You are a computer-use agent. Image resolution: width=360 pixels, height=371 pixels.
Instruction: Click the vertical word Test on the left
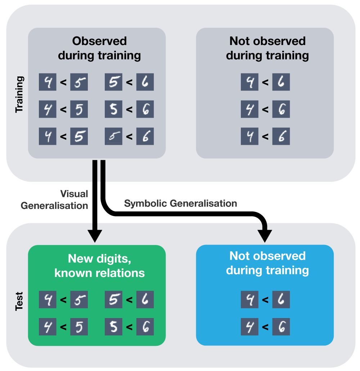(19, 301)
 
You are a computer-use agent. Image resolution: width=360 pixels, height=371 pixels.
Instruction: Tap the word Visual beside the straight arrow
(74, 194)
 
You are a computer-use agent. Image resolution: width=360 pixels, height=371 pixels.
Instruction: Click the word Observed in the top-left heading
(99, 41)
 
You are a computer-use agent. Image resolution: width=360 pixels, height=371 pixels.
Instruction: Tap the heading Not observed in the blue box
(267, 256)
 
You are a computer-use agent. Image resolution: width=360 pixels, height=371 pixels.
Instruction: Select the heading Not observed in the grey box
(267, 41)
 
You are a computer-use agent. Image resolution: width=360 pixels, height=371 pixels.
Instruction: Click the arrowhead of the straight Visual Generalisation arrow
(95, 236)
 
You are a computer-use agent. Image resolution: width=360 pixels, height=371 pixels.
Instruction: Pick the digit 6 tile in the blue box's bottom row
(281, 327)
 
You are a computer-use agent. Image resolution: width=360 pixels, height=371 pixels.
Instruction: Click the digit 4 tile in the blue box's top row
(250, 299)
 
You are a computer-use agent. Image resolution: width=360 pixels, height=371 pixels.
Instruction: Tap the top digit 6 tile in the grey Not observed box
(281, 82)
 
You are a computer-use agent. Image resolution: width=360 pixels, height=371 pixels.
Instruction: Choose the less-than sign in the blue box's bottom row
(265, 327)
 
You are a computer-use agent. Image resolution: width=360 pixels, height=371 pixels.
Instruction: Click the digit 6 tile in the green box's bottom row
(145, 327)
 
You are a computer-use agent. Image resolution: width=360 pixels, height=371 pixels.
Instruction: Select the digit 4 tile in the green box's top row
(48, 299)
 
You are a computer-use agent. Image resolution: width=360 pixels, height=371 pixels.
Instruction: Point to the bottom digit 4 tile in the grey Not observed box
(250, 137)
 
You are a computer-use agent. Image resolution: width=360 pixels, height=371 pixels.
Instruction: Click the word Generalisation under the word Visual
(54, 206)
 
